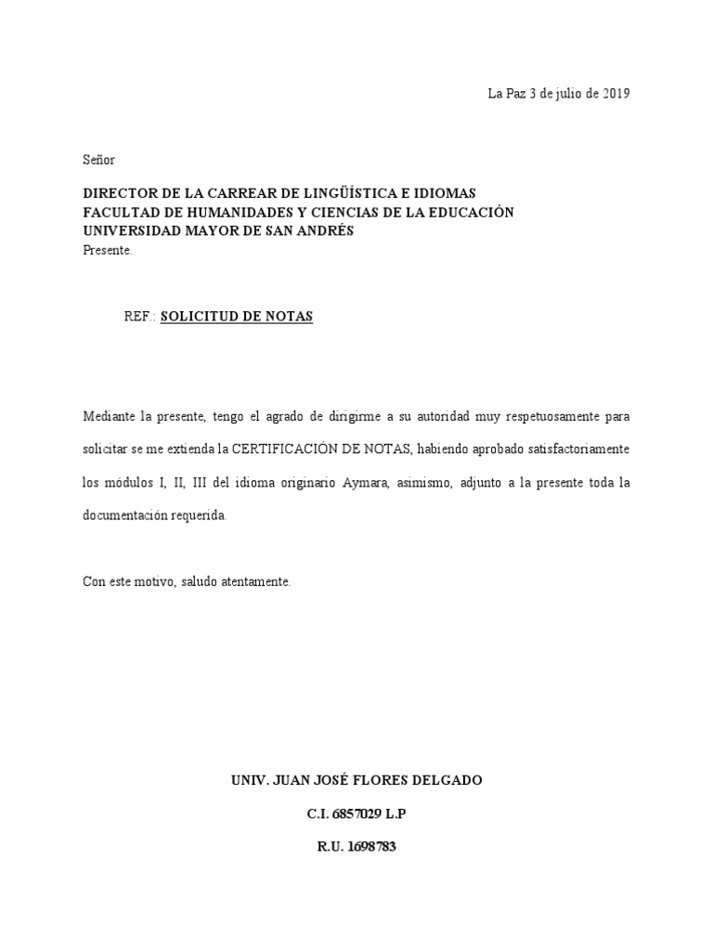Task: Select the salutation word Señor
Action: (x=99, y=160)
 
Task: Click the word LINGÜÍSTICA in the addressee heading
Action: (x=358, y=193)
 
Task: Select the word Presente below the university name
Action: (x=108, y=250)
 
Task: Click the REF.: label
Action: (x=140, y=317)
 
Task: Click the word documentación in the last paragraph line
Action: (x=125, y=515)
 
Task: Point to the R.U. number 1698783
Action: (x=369, y=846)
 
